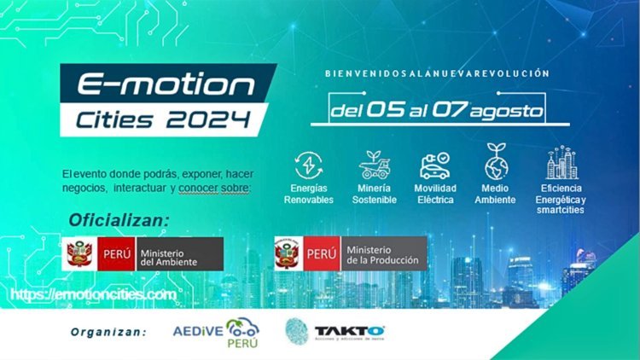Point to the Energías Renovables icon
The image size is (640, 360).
[308, 165]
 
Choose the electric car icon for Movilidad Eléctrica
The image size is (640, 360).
[435, 165]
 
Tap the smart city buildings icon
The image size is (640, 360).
[562, 163]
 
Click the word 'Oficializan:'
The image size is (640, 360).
[119, 221]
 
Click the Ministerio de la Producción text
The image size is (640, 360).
[382, 253]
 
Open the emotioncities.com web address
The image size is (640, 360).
[94, 295]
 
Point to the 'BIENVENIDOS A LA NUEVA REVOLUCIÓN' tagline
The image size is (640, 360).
[437, 74]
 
